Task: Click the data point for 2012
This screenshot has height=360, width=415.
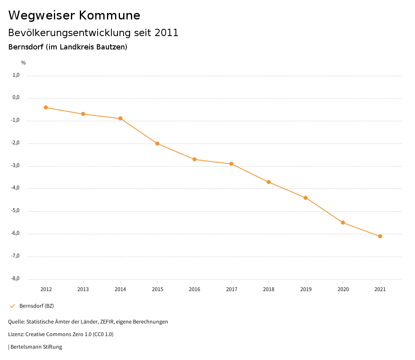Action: coord(46,107)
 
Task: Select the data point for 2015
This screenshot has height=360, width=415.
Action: coord(157,144)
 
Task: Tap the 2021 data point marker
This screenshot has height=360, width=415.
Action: coord(380,236)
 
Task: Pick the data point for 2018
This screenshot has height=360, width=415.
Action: coord(269,182)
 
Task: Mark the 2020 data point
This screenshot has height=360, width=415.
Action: coord(343,223)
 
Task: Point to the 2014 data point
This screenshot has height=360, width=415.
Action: coord(120,118)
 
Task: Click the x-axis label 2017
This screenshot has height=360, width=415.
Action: coord(231,289)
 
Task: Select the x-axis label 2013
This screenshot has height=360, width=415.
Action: coord(83,289)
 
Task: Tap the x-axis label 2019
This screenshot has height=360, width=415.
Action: coord(306,289)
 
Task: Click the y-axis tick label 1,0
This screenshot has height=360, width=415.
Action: coord(16,75)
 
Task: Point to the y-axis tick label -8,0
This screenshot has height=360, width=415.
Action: coord(15,279)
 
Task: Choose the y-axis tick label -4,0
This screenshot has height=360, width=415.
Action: coord(15,188)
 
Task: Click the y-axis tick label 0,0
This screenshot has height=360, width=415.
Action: coord(16,98)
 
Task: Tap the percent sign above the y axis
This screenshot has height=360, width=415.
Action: coord(24,63)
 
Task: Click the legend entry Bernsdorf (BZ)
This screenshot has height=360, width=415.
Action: coord(36,306)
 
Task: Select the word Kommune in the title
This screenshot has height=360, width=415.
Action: coord(109,15)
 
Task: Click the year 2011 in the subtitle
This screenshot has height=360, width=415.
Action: coord(167,33)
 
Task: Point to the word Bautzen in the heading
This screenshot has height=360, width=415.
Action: coord(111,47)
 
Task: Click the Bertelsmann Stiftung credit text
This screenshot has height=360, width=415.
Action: coord(36,347)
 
